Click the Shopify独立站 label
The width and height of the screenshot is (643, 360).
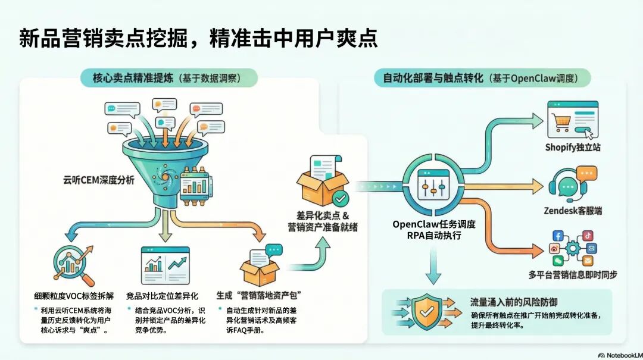tap(572, 147)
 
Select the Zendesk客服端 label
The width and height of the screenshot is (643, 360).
tap(573, 210)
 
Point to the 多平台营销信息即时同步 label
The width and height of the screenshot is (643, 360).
tap(572, 274)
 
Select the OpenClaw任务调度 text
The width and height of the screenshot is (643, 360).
tap(433, 224)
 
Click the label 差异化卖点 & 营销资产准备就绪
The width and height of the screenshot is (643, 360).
tap(322, 221)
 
